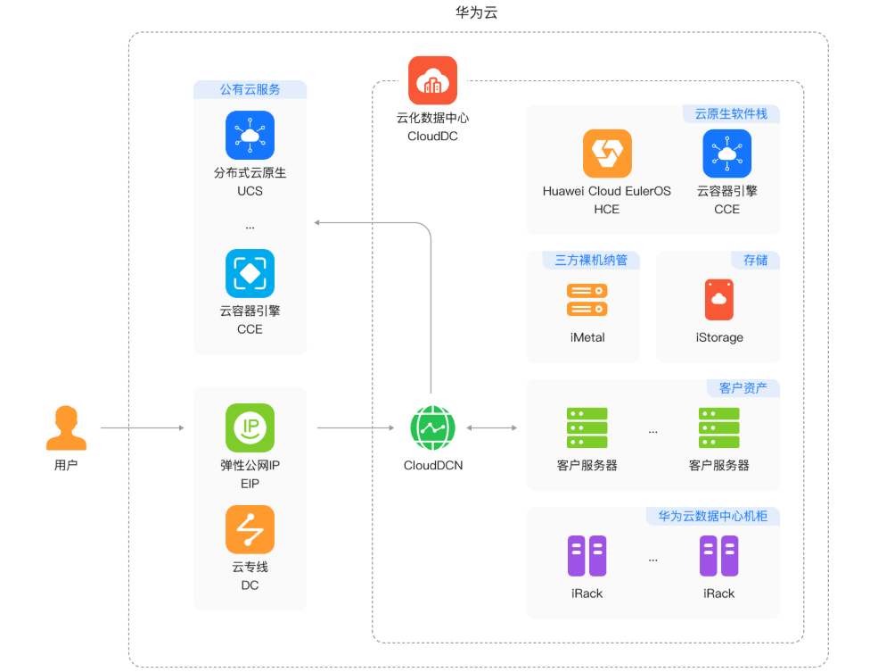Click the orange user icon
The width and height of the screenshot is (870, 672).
click(66, 428)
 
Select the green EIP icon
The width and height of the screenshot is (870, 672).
click(250, 428)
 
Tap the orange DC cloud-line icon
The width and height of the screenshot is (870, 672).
click(250, 529)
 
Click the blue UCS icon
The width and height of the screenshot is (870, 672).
click(250, 136)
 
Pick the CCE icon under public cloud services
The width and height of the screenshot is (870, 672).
click(250, 273)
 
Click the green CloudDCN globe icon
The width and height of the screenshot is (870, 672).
click(432, 428)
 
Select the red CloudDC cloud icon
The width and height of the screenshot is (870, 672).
click(432, 80)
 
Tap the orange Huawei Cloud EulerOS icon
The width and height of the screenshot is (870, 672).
click(607, 153)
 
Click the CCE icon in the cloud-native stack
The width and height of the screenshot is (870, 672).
click(726, 153)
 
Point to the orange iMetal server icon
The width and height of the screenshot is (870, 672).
click(587, 300)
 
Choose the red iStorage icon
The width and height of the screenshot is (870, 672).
click(718, 300)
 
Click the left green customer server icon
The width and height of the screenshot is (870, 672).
click(587, 428)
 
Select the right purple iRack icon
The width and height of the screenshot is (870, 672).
click(718, 556)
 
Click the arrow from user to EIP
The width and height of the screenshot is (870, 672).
click(143, 428)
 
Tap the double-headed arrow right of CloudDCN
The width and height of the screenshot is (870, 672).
click(491, 428)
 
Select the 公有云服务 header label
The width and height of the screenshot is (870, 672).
click(250, 89)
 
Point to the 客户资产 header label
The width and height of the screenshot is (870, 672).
click(743, 388)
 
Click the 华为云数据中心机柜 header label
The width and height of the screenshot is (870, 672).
click(713, 516)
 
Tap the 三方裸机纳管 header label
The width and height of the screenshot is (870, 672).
click(591, 260)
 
